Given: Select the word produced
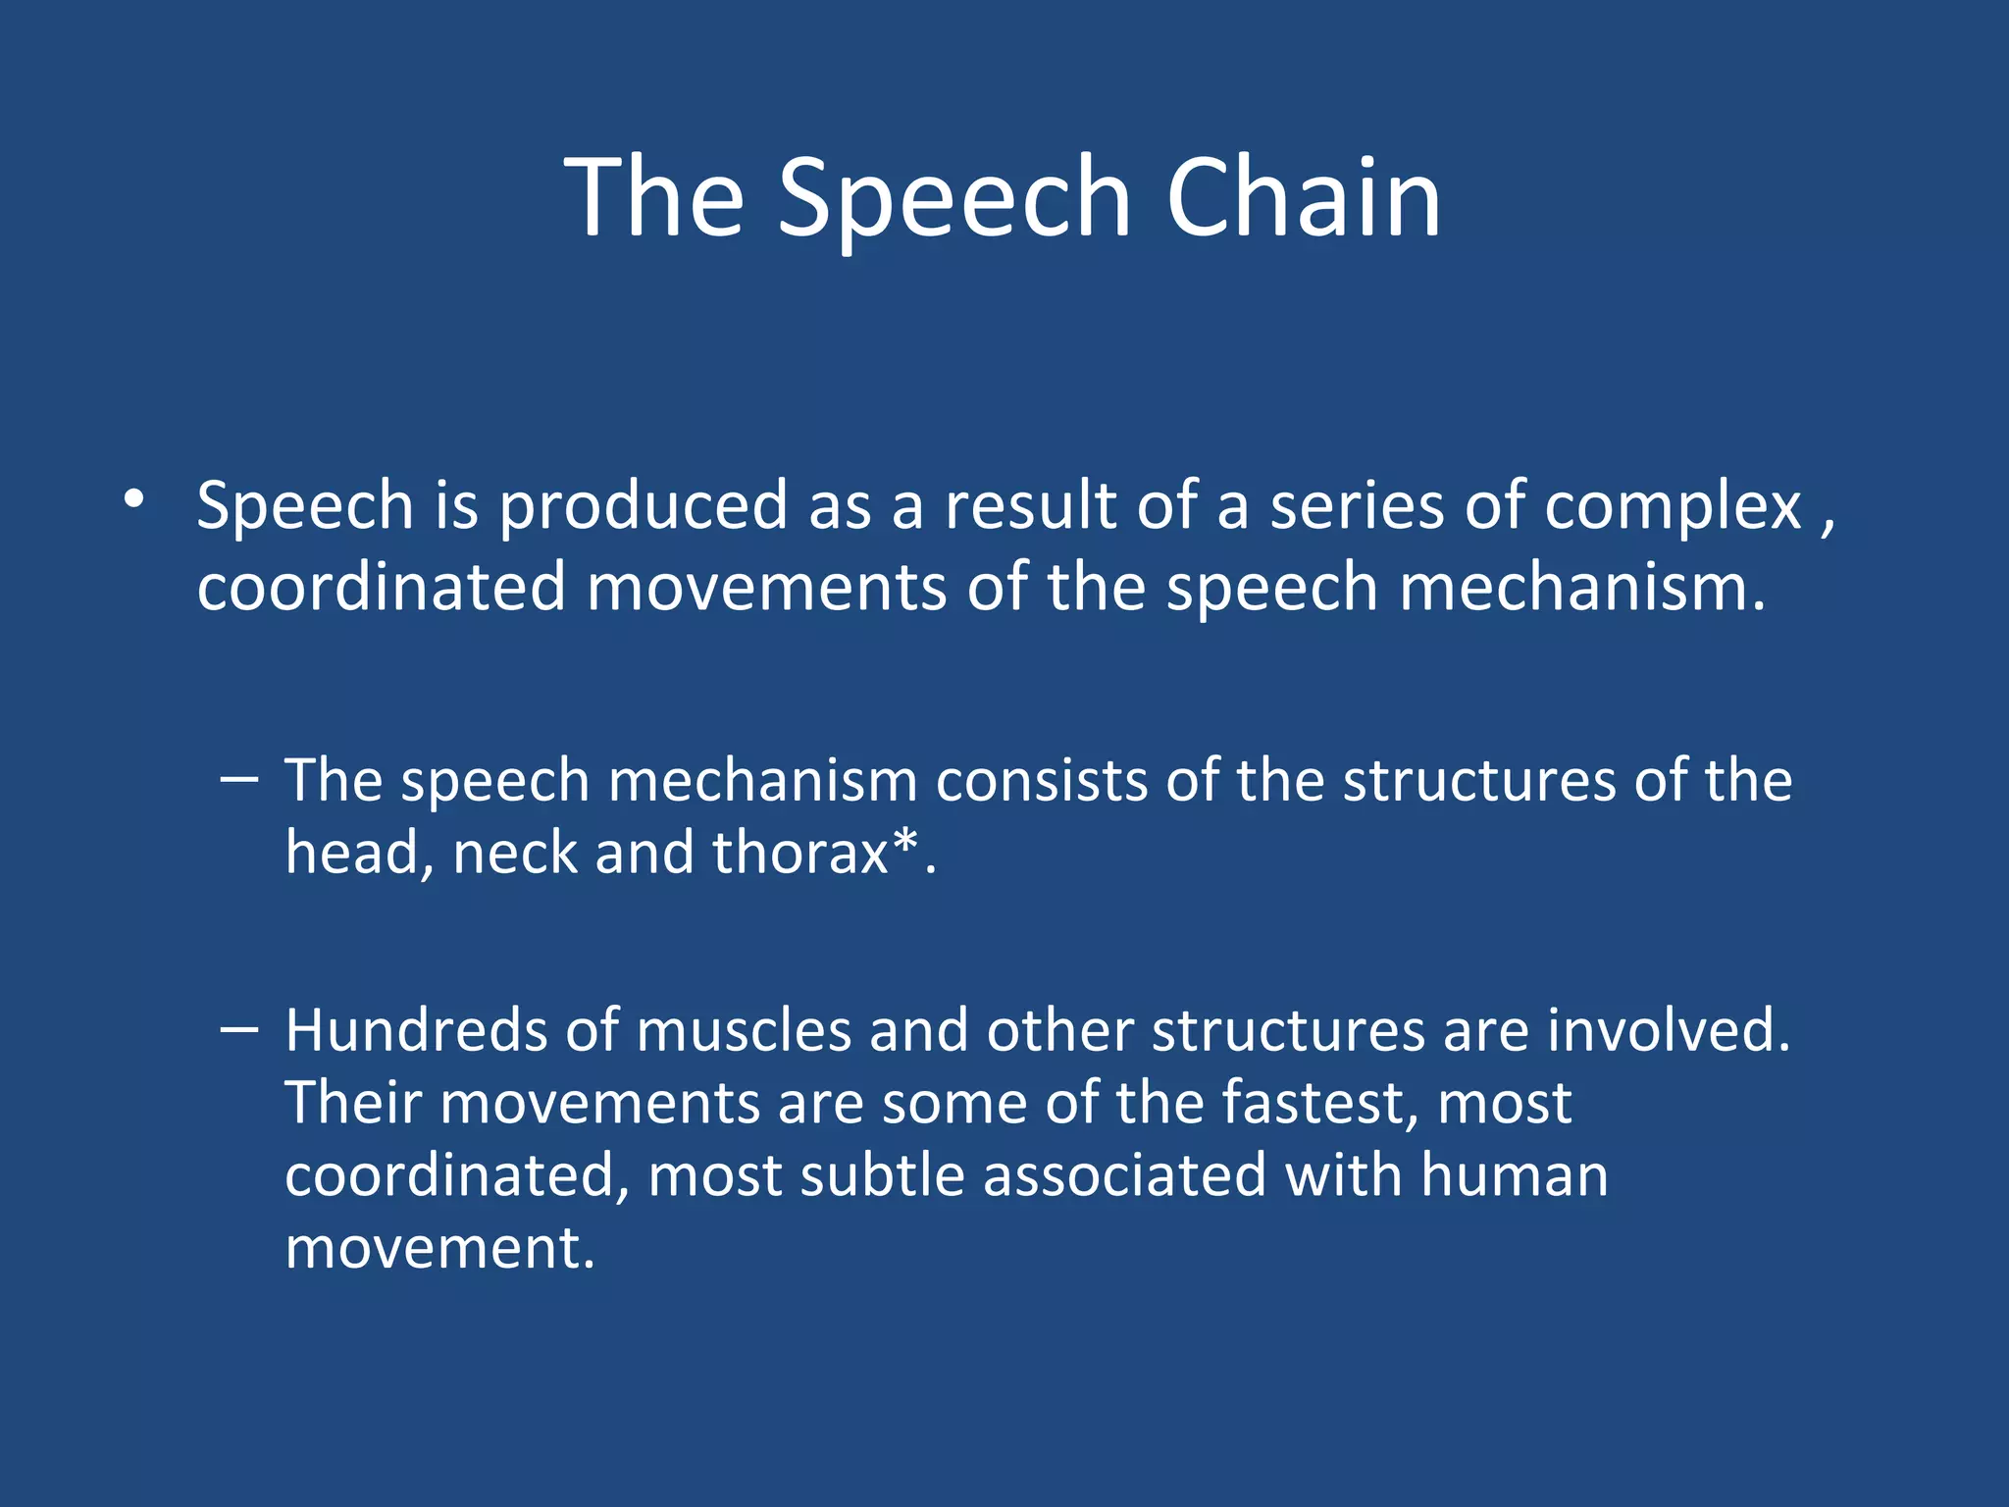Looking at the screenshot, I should pyautogui.click(x=643, y=507).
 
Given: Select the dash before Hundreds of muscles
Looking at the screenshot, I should pyautogui.click(x=239, y=1029).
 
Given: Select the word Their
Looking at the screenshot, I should pyautogui.click(x=352, y=1103).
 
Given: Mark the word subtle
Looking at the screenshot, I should pyautogui.click(x=882, y=1175).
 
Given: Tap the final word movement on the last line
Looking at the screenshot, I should pyautogui.click(x=438, y=1249).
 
